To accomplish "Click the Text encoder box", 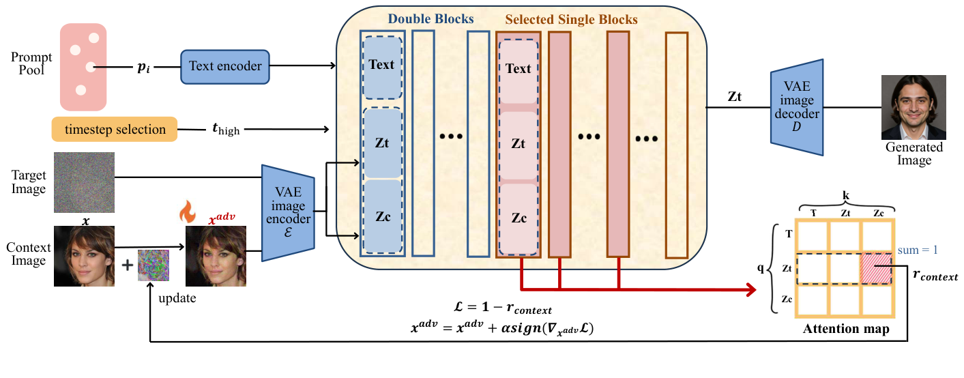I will pyautogui.click(x=225, y=66).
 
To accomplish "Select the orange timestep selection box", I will pyautogui.click(x=115, y=129).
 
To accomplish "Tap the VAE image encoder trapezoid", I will pyautogui.click(x=287, y=212).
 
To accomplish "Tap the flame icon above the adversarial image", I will pyautogui.click(x=187, y=211).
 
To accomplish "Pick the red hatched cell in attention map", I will pyautogui.click(x=877, y=268).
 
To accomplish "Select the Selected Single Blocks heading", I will pyautogui.click(x=571, y=20).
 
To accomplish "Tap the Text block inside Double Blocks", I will pyautogui.click(x=381, y=65).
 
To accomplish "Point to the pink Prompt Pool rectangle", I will pyautogui.click(x=84, y=67).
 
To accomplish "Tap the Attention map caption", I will pyautogui.click(x=845, y=330).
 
